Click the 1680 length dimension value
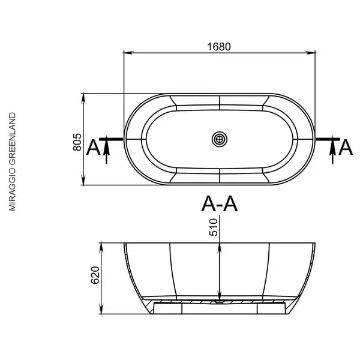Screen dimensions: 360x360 (219, 47)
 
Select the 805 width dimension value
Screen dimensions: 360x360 (77, 142)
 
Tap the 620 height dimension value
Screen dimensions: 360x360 (95, 275)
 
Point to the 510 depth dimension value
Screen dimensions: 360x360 (214, 227)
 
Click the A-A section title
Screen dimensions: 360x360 (220, 203)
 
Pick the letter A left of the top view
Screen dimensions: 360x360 (94, 148)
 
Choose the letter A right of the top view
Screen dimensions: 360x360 (346, 148)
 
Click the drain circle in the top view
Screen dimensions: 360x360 (220, 139)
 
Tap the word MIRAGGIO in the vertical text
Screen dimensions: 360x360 (12, 190)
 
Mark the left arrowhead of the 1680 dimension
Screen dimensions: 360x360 (128, 53)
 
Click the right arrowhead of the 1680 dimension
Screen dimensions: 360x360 (310, 53)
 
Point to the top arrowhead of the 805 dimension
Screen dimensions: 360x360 (83, 98)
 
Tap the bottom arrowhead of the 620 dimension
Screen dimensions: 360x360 (101, 309)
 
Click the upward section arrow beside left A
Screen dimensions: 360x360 (106, 152)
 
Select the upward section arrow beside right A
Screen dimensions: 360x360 (332, 152)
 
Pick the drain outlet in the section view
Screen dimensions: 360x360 (220, 302)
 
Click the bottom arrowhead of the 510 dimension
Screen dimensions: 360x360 (220, 296)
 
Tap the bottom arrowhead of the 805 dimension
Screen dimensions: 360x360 (83, 180)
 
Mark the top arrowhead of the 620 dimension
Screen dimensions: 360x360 (101, 248)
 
